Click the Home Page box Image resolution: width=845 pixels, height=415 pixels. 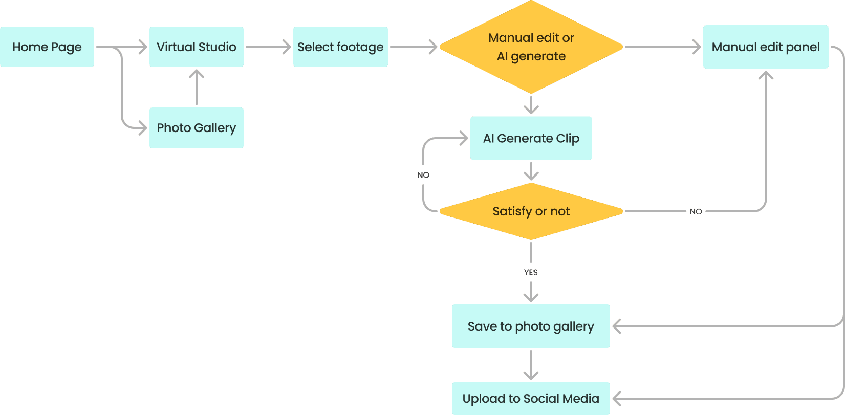point(47,47)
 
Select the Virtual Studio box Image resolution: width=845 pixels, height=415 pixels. point(196,47)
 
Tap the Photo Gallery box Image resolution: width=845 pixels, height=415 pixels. point(196,128)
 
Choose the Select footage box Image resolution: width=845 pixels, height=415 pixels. point(340,47)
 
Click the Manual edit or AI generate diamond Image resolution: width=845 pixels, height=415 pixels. point(531,47)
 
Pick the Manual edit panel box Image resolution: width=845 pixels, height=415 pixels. point(765,47)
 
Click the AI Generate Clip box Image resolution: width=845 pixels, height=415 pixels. point(531,138)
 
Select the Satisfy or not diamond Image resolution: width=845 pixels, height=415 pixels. point(531,211)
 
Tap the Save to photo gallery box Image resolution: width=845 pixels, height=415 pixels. point(531,326)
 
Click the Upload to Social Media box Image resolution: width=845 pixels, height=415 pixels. point(531,399)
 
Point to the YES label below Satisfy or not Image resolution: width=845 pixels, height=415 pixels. point(531,272)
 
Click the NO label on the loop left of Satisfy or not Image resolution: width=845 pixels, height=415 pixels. point(423,175)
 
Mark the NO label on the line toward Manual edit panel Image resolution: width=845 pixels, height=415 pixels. point(696,211)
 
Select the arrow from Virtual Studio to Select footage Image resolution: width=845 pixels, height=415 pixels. point(268,47)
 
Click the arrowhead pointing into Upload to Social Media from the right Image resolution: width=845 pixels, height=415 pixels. point(616,399)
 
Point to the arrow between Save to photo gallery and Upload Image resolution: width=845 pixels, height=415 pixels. point(531,365)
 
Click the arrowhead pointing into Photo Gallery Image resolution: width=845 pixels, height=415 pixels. point(143,128)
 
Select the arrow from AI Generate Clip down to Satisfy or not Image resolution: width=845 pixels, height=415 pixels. point(531,171)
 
